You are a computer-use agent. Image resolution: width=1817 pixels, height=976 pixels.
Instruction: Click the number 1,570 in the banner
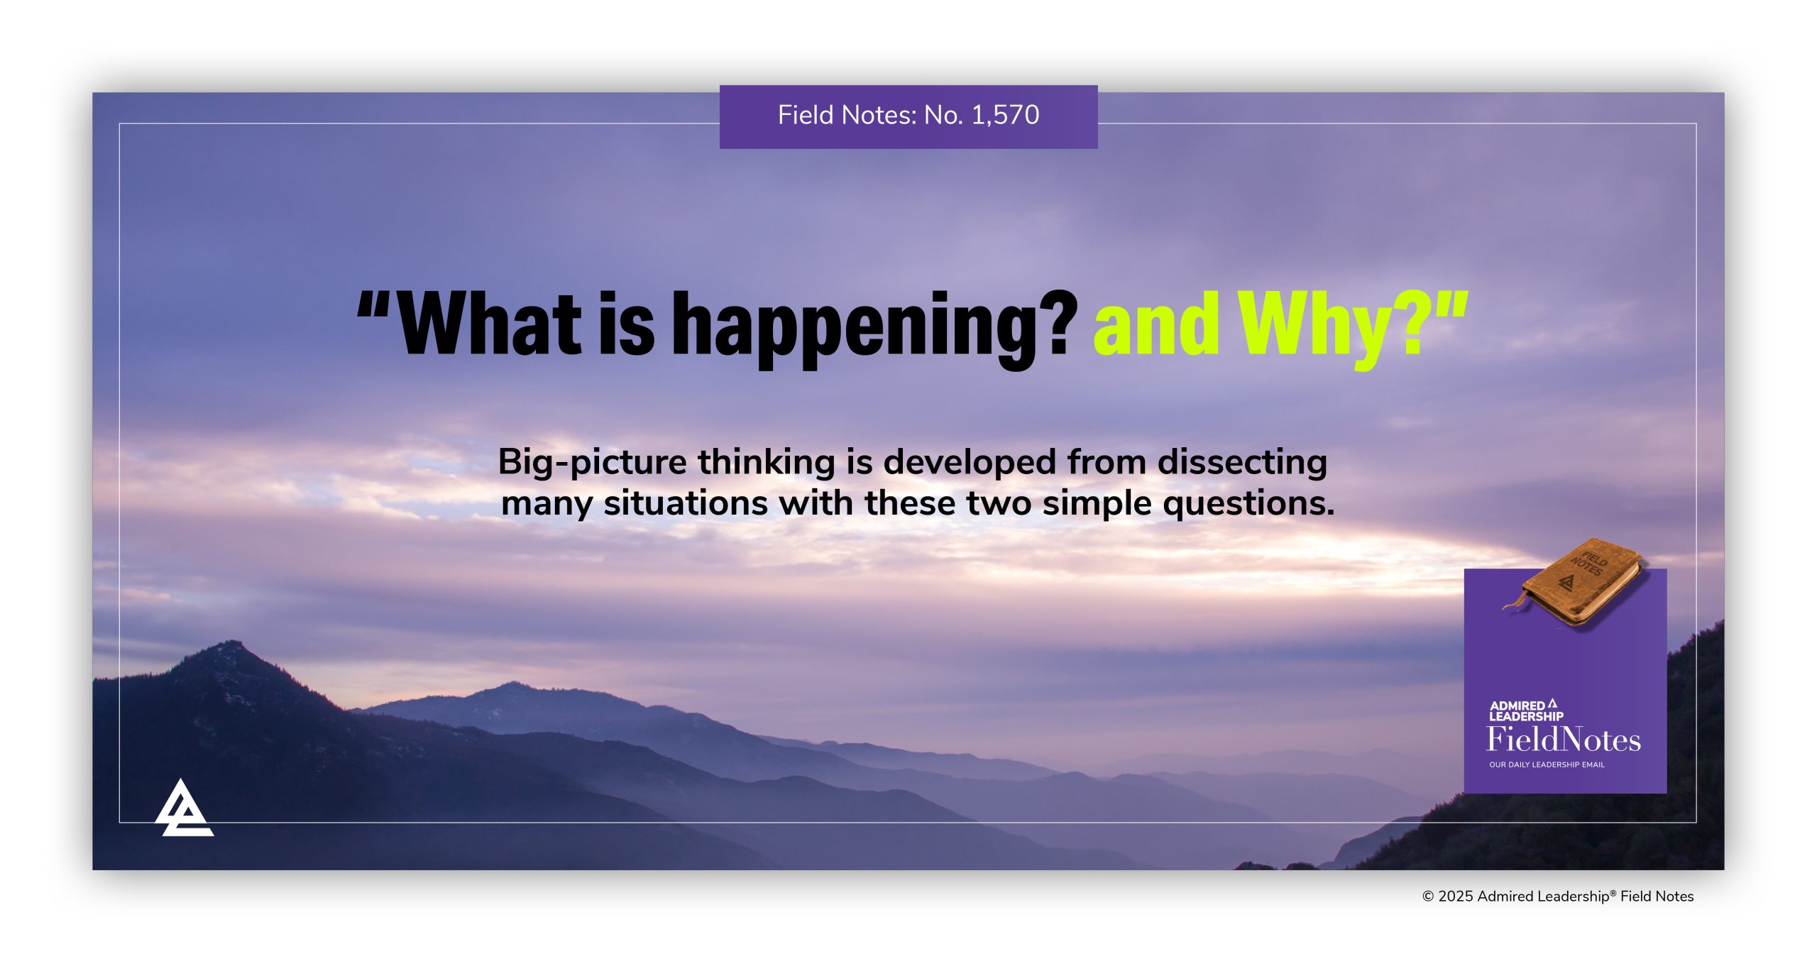pyautogui.click(x=1005, y=115)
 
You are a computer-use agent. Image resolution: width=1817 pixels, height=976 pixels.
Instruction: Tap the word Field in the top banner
pyautogui.click(x=806, y=115)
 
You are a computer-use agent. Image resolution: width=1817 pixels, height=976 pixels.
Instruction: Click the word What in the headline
pyautogui.click(x=490, y=322)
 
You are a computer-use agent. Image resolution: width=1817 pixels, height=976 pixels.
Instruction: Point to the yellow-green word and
pyautogui.click(x=1157, y=322)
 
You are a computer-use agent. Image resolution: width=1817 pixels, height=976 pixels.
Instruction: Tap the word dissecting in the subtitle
pyautogui.click(x=1242, y=463)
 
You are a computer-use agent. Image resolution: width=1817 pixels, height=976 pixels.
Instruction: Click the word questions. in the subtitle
pyautogui.click(x=1249, y=504)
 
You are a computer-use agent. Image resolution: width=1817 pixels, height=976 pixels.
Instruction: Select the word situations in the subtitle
pyautogui.click(x=686, y=503)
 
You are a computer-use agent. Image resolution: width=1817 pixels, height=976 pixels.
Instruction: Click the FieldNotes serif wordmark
pyautogui.click(x=1564, y=740)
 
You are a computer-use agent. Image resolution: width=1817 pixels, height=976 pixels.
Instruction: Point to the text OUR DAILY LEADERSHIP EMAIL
pyautogui.click(x=1547, y=764)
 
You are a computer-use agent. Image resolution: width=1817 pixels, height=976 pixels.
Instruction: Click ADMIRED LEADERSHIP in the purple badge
pyautogui.click(x=1526, y=711)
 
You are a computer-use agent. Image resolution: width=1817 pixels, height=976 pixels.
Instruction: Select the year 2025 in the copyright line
pyautogui.click(x=1456, y=897)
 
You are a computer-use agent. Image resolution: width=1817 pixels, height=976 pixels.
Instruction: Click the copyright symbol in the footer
pyautogui.click(x=1428, y=897)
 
